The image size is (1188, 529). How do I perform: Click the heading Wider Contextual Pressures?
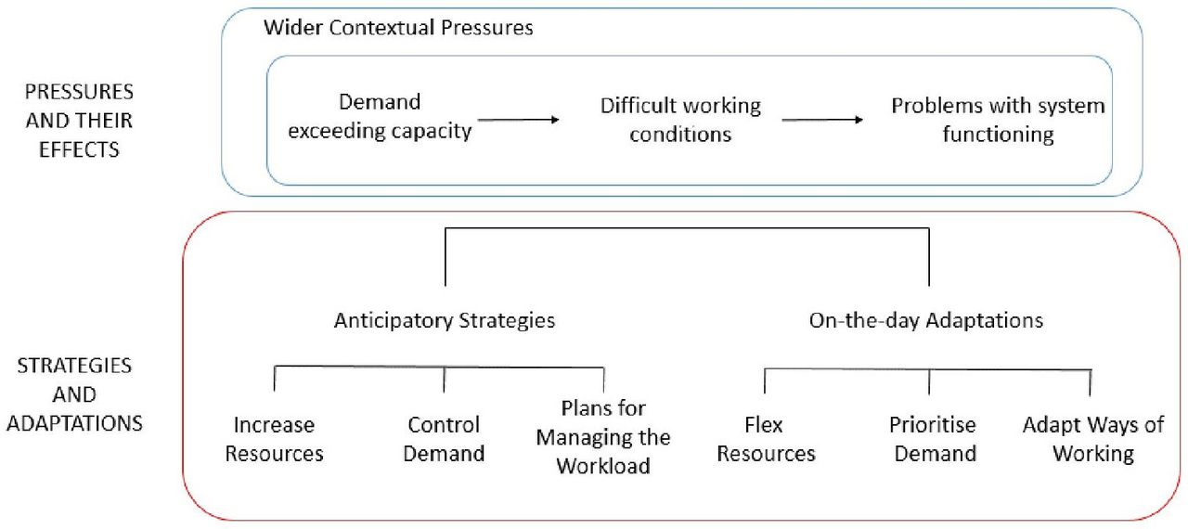398,28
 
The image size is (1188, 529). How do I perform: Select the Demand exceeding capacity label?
380,117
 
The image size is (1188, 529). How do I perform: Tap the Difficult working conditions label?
680,121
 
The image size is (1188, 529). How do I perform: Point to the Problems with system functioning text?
998,121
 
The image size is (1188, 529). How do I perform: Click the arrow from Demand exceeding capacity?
519,120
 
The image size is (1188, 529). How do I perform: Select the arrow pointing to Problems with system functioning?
822,120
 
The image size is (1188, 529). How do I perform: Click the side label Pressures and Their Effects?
79,121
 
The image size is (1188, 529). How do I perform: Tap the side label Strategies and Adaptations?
75,395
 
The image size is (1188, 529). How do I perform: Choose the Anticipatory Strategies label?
445,321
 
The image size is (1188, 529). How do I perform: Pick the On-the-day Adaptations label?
926,321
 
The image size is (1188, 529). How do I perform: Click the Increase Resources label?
274,439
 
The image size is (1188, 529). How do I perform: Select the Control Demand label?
444,439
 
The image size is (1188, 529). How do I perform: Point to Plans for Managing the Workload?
603,437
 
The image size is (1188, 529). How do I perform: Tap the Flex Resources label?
766,439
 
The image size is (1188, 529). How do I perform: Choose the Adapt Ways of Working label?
1093,439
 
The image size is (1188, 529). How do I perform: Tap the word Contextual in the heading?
381,28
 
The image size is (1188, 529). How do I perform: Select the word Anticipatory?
394,321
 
